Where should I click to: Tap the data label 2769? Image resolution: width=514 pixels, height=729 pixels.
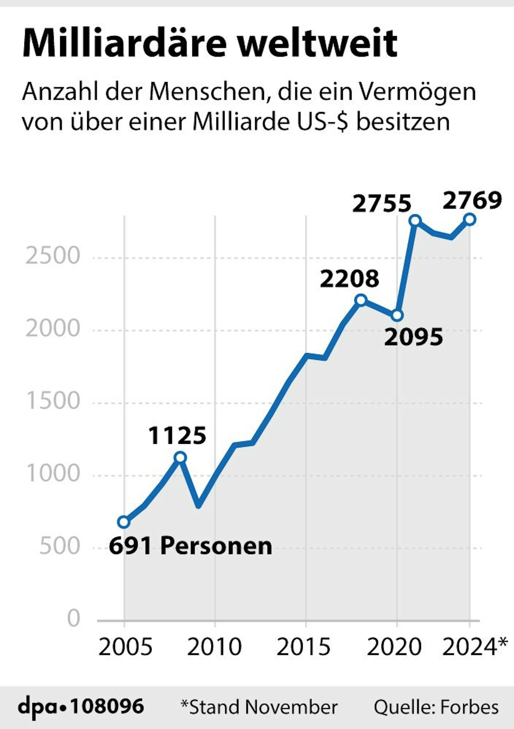472,201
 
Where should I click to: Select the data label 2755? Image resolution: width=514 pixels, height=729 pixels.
382,204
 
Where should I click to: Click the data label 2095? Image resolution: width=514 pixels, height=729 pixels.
414,337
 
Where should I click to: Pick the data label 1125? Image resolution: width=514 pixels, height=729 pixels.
177,436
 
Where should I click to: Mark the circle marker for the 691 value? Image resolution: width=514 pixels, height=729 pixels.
123,522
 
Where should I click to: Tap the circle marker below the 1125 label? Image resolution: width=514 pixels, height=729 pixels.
180,457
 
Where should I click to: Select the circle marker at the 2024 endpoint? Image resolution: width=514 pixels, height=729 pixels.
470,219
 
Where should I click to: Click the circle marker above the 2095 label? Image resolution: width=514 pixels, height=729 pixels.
397,315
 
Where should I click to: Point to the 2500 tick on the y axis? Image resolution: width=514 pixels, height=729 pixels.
52,256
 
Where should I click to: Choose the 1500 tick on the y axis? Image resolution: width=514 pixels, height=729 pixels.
52,401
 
